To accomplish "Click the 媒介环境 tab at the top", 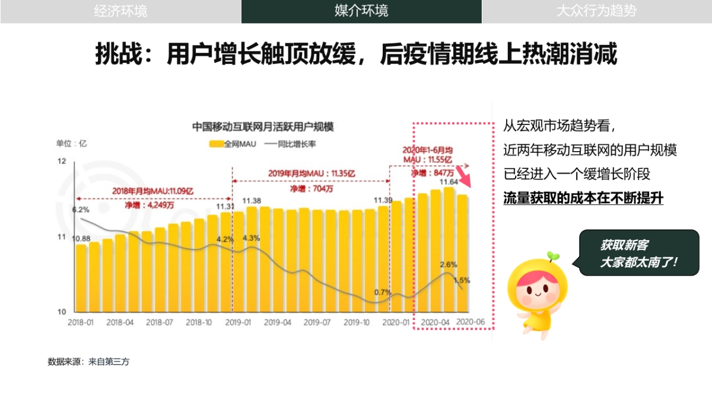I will (x=361, y=11).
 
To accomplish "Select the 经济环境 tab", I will (x=120, y=11).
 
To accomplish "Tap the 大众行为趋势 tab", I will (x=596, y=11).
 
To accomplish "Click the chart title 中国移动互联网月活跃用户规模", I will (x=262, y=127).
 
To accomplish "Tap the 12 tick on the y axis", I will (x=61, y=161).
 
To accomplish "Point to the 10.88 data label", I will (x=81, y=239).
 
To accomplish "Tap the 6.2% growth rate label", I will (x=81, y=210).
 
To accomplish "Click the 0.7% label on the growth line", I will (x=383, y=292).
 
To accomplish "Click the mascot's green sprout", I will (x=552, y=256).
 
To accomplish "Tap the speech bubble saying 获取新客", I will (x=638, y=253).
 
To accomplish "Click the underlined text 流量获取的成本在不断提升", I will (x=583, y=198).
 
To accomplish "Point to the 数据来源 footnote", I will (x=88, y=361).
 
